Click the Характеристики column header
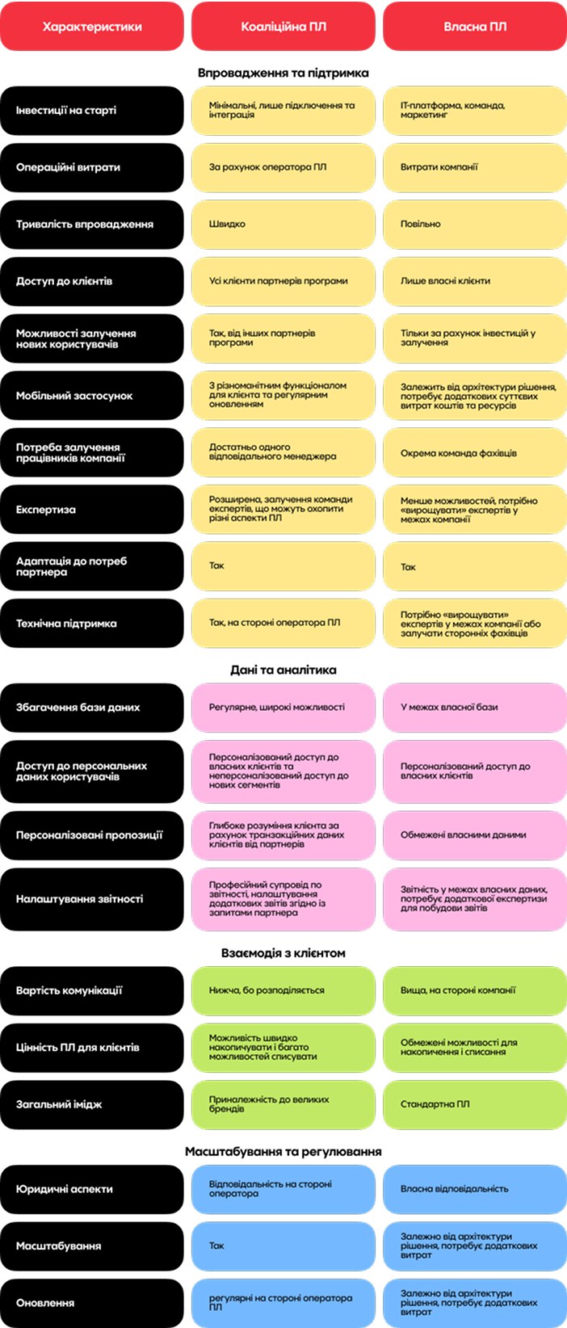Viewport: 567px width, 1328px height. pyautogui.click(x=92, y=27)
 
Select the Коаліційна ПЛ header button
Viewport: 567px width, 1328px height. pyautogui.click(x=283, y=27)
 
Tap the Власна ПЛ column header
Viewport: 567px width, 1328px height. pyautogui.click(x=475, y=27)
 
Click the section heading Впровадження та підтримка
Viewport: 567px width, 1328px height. pyautogui.click(x=283, y=73)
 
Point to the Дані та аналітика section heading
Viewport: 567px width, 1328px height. pyautogui.click(x=283, y=670)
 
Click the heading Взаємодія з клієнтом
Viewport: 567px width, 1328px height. pyautogui.click(x=283, y=953)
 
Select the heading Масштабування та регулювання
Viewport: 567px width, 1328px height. pyautogui.click(x=283, y=1151)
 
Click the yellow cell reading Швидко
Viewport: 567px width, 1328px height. pyautogui.click(x=283, y=225)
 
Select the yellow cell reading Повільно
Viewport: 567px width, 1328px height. pyautogui.click(x=475, y=225)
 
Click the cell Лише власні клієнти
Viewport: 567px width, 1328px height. pyautogui.click(x=475, y=282)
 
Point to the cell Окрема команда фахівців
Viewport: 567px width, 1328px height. pyautogui.click(x=475, y=452)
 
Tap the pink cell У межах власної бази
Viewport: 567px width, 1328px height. pyautogui.click(x=475, y=708)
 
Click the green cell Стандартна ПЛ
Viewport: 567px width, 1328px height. pyautogui.click(x=475, y=1104)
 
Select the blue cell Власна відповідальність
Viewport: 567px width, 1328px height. pyautogui.click(x=475, y=1189)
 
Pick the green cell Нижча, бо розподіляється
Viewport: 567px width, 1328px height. pyautogui.click(x=283, y=990)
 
